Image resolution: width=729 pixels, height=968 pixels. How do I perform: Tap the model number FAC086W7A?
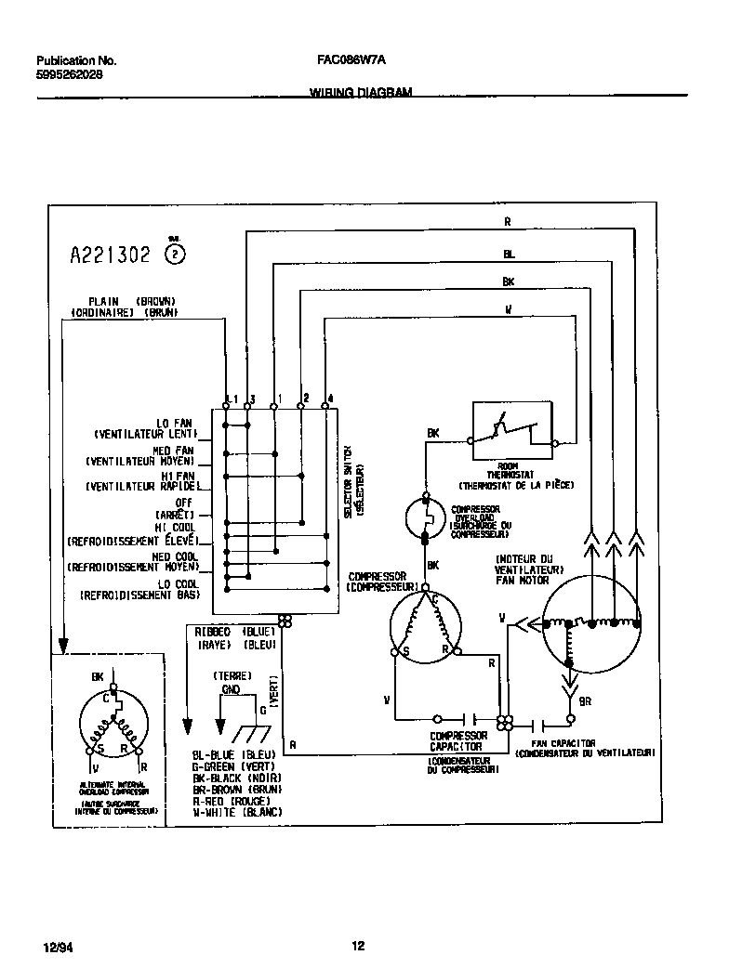[x=351, y=59]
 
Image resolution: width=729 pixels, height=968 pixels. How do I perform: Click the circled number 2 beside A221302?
[x=175, y=255]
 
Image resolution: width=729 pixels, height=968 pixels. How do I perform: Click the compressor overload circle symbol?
[x=427, y=515]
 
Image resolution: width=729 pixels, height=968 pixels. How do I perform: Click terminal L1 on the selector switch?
[x=230, y=398]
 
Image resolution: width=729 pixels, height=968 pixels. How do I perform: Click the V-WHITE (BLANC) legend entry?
[x=237, y=812]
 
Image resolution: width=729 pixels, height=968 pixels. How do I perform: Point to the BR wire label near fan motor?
[x=585, y=701]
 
